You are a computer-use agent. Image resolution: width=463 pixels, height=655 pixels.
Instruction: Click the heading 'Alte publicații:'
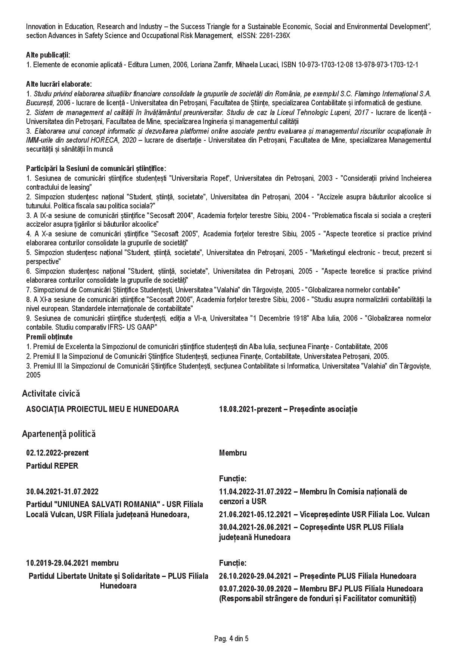click(48, 55)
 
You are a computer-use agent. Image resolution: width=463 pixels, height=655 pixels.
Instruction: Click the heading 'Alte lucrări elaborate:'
click(59, 84)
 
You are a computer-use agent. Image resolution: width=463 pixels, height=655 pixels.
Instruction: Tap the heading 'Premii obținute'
click(49, 337)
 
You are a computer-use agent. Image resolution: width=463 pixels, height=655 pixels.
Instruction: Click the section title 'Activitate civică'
click(51, 393)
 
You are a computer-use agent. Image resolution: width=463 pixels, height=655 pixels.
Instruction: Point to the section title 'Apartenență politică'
click(59, 434)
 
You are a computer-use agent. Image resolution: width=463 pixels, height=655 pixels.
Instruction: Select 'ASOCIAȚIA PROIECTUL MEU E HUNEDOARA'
click(102, 409)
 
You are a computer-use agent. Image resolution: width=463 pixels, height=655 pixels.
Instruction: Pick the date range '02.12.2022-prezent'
click(57, 453)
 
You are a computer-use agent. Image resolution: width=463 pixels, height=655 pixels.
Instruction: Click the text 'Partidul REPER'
click(52, 466)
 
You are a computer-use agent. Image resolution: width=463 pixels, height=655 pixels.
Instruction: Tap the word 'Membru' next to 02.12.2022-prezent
click(233, 453)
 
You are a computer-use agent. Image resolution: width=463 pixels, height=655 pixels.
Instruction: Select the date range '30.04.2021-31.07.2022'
click(62, 492)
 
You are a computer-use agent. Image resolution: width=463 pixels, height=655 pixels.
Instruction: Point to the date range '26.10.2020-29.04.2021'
click(255, 576)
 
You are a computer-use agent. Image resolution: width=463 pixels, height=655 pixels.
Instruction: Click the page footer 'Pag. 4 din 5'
click(231, 639)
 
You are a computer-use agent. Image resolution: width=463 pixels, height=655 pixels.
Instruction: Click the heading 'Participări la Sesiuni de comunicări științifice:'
click(96, 169)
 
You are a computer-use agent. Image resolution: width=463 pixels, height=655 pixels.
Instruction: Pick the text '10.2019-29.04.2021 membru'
click(72, 563)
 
